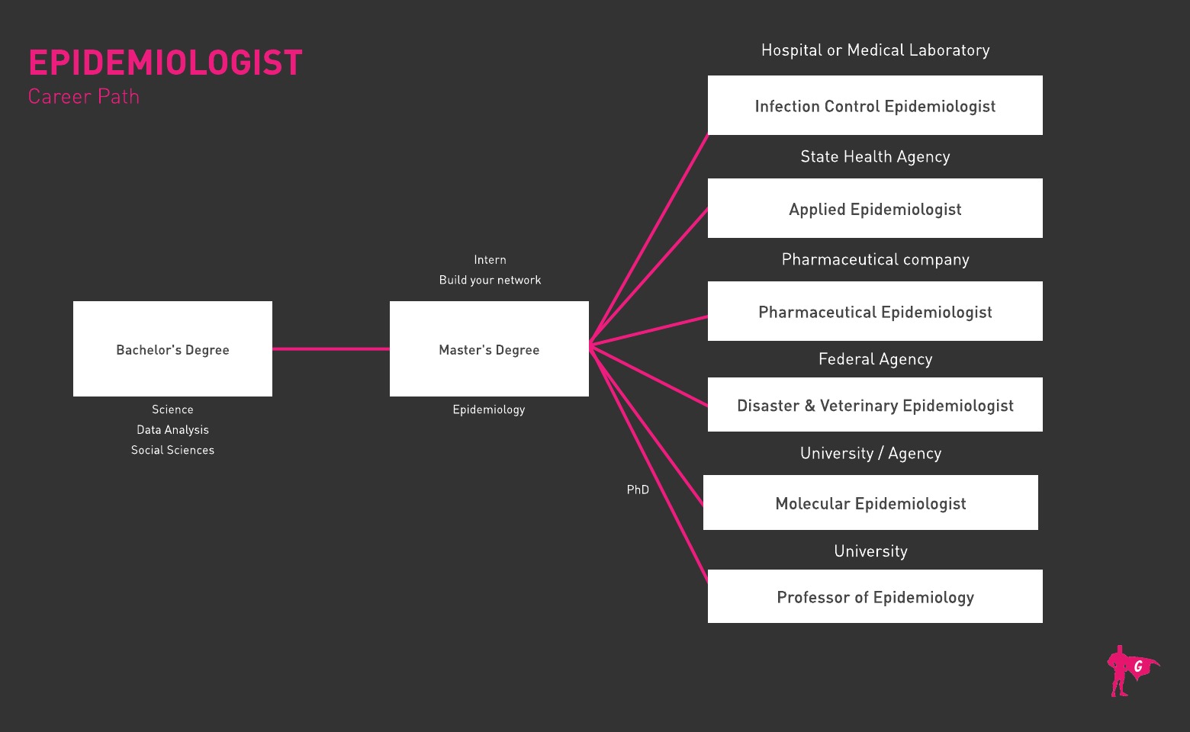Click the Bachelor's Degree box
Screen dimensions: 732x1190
pyautogui.click(x=172, y=349)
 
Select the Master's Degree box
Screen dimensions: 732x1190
pyautogui.click(x=489, y=349)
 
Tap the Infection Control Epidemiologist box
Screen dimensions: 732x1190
pyautogui.click(x=875, y=105)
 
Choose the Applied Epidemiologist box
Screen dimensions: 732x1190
pyautogui.click(x=875, y=208)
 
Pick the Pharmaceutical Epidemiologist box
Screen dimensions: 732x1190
pyautogui.click(x=875, y=311)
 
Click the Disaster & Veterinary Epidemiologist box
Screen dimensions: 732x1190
pyautogui.click(x=875, y=405)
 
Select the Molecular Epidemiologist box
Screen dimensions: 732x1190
pyautogui.click(x=870, y=502)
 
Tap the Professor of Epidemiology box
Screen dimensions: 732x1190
pyautogui.click(x=875, y=596)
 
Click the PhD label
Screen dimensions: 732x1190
pyautogui.click(x=638, y=490)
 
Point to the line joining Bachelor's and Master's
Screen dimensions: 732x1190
pyautogui.click(x=330, y=349)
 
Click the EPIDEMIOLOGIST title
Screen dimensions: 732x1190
pyautogui.click(x=166, y=63)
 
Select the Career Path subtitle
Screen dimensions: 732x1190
pyautogui.click(x=84, y=97)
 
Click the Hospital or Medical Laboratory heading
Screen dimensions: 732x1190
pyautogui.click(x=875, y=50)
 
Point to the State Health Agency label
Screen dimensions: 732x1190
pyautogui.click(x=875, y=156)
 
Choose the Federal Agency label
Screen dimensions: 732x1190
pyautogui.click(x=875, y=359)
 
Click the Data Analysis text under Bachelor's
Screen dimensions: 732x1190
pyautogui.click(x=172, y=430)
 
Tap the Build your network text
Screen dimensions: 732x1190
pyautogui.click(x=490, y=280)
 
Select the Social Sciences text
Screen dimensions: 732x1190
pyautogui.click(x=172, y=450)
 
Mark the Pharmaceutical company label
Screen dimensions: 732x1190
pyautogui.click(x=875, y=259)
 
